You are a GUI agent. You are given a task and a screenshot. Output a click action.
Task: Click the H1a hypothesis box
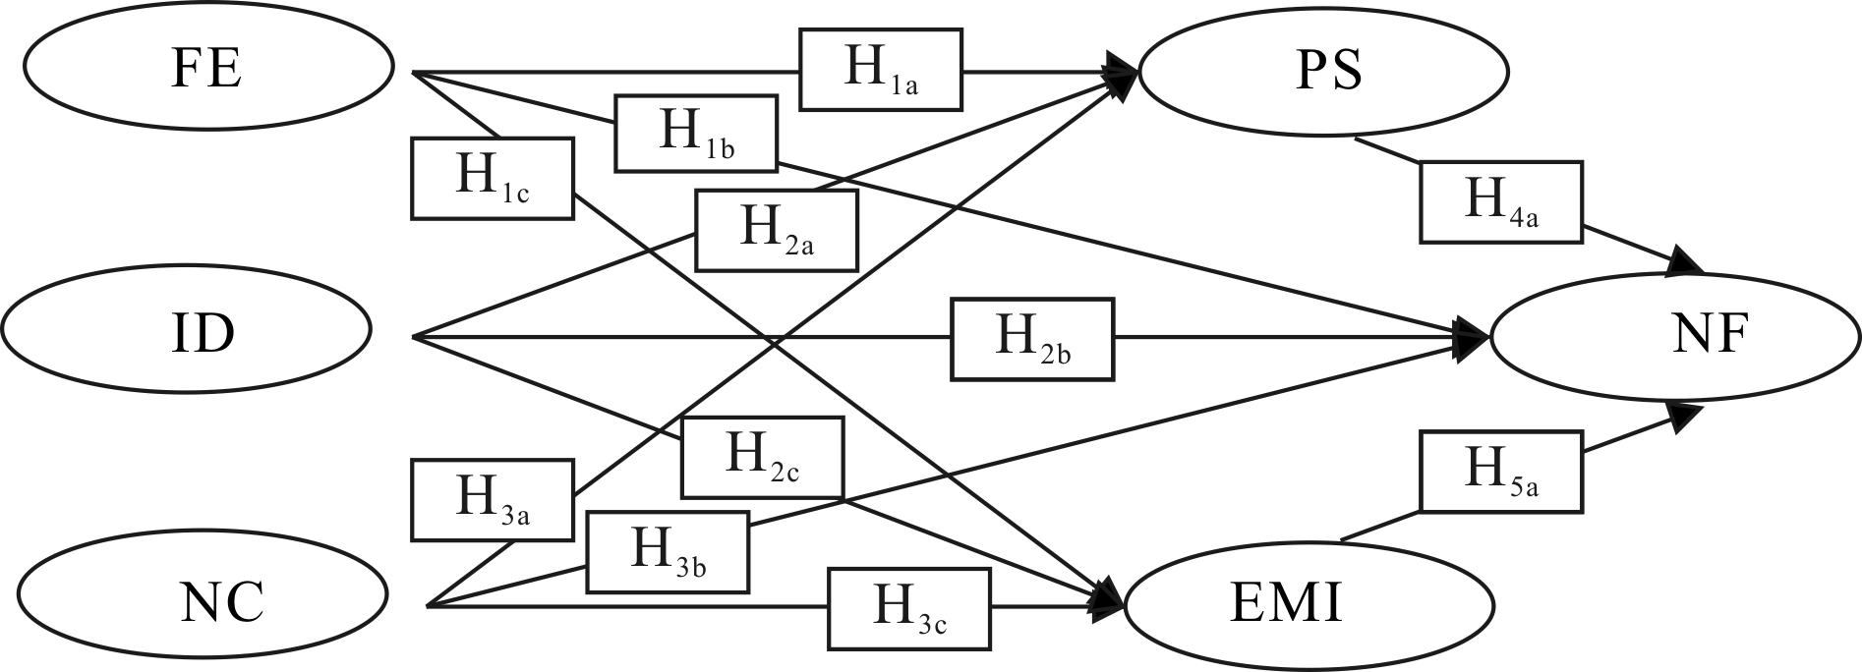pos(880,69)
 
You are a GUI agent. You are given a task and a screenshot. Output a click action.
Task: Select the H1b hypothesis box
pos(696,134)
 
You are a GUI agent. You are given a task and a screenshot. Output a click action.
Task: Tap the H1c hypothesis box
pos(492,178)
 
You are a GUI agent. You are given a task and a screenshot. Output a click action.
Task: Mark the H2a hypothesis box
pos(776,230)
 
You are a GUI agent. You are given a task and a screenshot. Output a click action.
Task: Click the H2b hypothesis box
pos(1032,339)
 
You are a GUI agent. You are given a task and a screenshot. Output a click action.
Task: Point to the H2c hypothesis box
pos(762,457)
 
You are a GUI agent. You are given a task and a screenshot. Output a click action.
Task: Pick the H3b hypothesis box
pos(668,551)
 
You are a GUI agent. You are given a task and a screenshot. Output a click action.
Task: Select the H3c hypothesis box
pos(908,608)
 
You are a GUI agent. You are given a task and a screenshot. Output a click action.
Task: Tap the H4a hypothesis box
pos(1500,201)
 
